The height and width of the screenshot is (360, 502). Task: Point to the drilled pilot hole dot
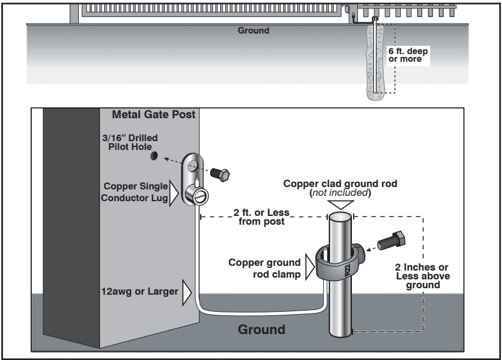click(x=154, y=156)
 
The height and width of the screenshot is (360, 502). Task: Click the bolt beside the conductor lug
click(x=222, y=172)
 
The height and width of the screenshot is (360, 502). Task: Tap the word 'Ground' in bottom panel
click(x=262, y=328)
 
